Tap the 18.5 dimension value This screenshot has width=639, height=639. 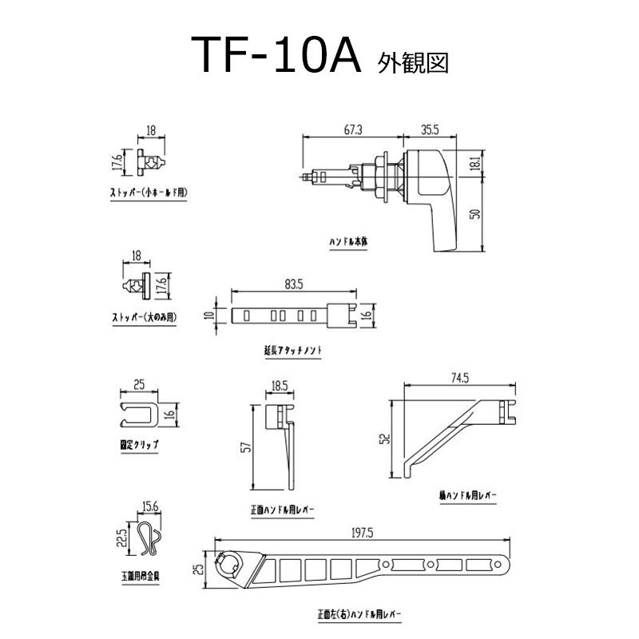280,386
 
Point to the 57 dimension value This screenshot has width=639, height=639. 248,447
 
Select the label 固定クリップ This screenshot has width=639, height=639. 134,443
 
